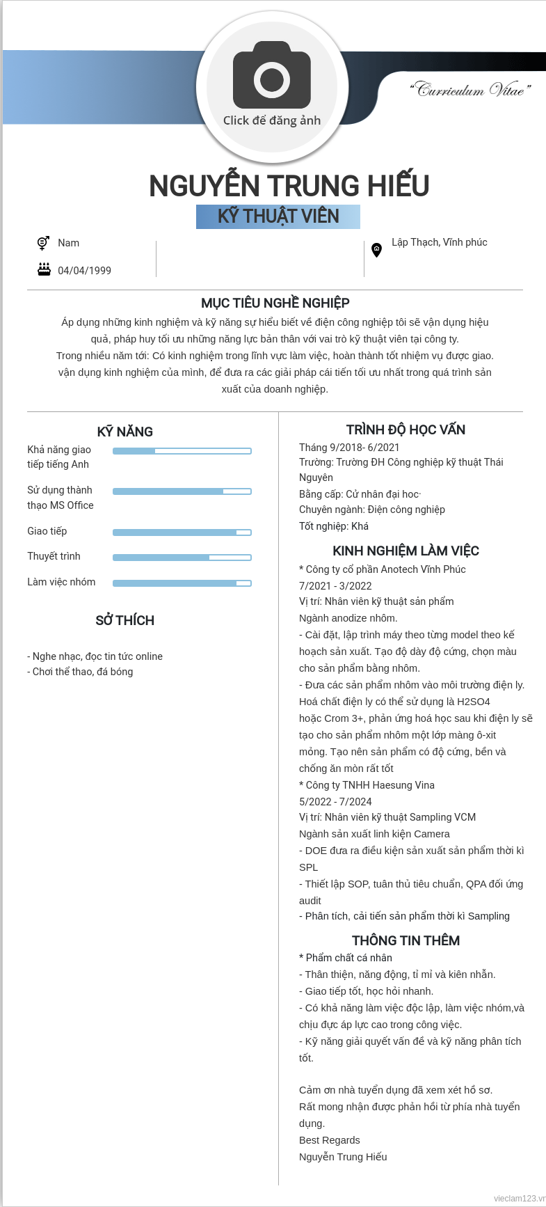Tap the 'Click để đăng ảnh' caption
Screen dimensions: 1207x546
point(272,120)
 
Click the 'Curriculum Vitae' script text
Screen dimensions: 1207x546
point(471,90)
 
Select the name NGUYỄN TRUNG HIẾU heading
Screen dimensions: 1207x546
point(289,186)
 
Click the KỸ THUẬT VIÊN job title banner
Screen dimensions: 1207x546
point(278,216)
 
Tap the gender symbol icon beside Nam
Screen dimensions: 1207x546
point(43,243)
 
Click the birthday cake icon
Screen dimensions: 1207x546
point(44,269)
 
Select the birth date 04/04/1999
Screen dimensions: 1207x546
point(84,271)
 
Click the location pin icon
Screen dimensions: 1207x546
point(376,249)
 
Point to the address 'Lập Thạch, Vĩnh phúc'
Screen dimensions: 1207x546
point(439,242)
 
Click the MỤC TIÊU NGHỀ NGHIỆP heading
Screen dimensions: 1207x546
point(275,303)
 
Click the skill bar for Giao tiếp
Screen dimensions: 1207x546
point(182,532)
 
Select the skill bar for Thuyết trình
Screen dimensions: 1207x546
point(182,558)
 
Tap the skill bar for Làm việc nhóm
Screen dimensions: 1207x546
point(182,583)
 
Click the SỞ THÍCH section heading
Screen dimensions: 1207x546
point(125,620)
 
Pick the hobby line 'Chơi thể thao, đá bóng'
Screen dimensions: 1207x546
point(80,672)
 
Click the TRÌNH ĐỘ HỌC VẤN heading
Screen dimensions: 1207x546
point(406,429)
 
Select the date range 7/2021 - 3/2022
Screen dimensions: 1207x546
point(335,586)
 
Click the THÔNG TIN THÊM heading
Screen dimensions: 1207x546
point(406,940)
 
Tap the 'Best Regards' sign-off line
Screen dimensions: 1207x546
point(330,1140)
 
